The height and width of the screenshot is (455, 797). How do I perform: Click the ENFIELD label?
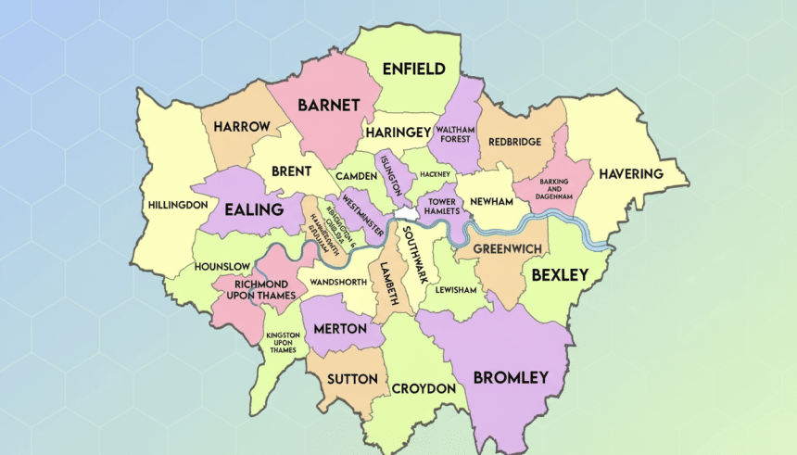[414, 70]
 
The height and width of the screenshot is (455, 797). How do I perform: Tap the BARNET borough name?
[328, 105]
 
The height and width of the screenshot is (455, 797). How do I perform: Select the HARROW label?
[241, 126]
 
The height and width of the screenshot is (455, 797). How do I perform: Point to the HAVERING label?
[630, 173]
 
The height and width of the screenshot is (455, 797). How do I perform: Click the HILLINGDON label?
[175, 204]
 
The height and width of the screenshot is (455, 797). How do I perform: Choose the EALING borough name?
[253, 210]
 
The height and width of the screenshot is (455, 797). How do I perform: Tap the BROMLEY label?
[511, 377]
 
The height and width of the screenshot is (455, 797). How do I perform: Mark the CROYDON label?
[424, 387]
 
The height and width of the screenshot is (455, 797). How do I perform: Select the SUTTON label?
[351, 379]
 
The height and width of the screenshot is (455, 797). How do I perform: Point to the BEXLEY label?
[559, 275]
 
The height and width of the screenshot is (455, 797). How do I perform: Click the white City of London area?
[406, 215]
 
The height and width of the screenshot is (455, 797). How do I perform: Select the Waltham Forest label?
[455, 135]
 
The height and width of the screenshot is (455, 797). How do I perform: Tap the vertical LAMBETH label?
[390, 283]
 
